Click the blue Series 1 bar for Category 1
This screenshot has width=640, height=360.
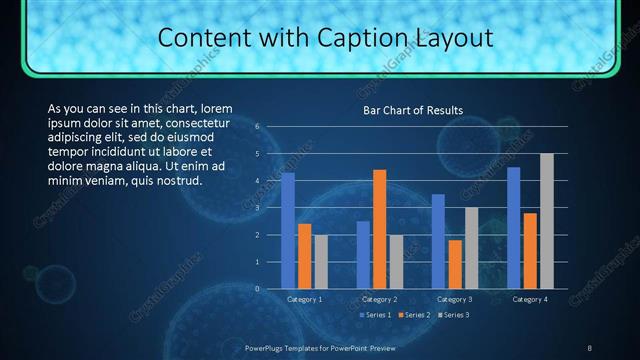288,231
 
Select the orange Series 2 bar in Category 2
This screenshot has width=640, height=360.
379,229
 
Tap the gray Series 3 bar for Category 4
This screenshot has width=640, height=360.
546,221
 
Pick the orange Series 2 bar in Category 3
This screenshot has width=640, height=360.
455,264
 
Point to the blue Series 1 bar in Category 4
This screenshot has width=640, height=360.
514,228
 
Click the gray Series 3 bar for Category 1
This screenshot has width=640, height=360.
320,262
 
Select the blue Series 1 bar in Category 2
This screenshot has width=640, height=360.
363,255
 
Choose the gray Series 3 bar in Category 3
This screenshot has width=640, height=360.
471,248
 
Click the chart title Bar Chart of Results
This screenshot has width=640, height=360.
412,110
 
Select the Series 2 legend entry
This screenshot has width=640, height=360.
412,315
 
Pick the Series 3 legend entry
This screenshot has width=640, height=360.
453,315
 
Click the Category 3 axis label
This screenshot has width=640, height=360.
455,299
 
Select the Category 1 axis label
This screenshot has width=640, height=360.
304,299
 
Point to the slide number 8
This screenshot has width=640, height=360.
589,347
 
